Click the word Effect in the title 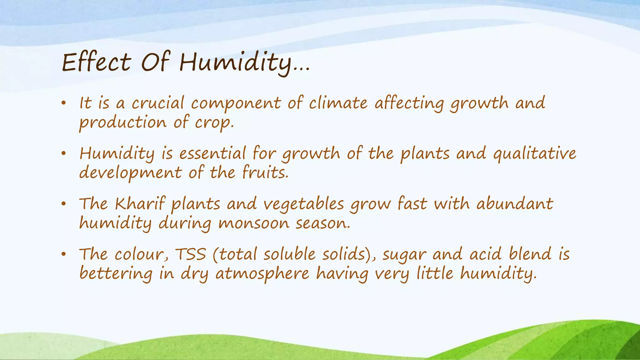coord(96,62)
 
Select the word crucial coord(158,103)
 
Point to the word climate coord(338,103)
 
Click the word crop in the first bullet coord(214,123)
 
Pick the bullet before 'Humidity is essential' coord(63,153)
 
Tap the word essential coord(212,153)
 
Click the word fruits coord(265,173)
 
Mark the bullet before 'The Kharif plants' coord(63,204)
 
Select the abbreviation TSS coord(190,254)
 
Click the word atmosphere coord(262,274)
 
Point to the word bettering coord(116,274)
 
